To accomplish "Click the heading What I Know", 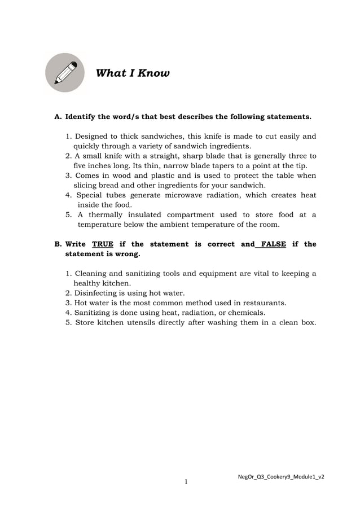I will coord(133,73).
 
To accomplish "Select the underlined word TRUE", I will coord(103,244).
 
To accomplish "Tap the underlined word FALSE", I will coord(274,244).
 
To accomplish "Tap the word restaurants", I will coord(263,302).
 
